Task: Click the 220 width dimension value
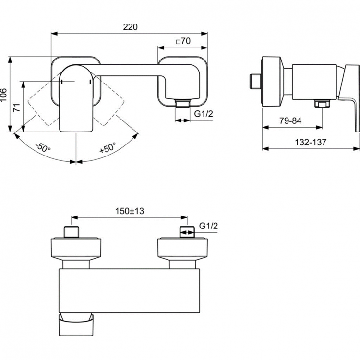[x=130, y=27]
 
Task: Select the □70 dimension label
[x=183, y=42]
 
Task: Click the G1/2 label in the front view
[x=203, y=114]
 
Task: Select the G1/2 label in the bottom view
[x=208, y=226]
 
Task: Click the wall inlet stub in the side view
[x=255, y=80]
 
